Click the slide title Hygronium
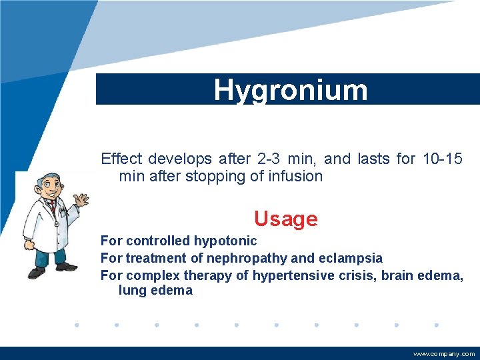point(290,90)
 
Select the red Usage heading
point(285,219)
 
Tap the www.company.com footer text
point(444,354)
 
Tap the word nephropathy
point(247,258)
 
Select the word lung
point(131,291)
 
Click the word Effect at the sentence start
point(121,159)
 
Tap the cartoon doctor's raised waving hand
point(81,200)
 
